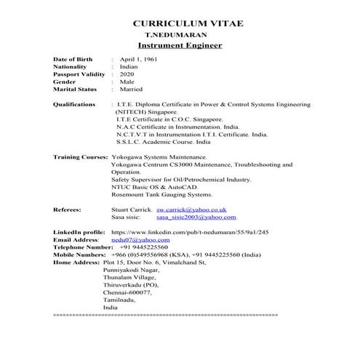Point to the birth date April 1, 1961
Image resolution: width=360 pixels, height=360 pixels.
pyautogui.click(x=138, y=59)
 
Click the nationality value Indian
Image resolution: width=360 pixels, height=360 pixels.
pyautogui.click(x=129, y=66)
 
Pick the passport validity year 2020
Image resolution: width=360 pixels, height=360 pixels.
pyautogui.click(x=127, y=74)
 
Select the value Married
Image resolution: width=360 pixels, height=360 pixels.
pyautogui.click(x=132, y=89)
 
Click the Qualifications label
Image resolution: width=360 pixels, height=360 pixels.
pyautogui.click(x=76, y=105)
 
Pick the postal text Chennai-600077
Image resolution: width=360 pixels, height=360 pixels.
pyautogui.click(x=128, y=292)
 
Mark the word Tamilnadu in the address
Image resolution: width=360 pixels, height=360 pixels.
pyautogui.click(x=121, y=300)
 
